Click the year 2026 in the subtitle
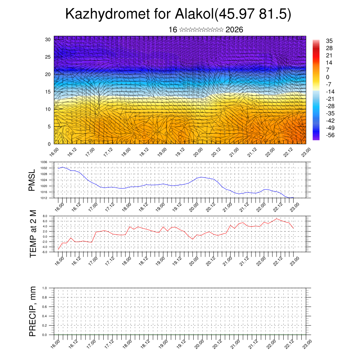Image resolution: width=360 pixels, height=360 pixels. (234, 30)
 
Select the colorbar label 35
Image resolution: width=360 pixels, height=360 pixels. (329, 41)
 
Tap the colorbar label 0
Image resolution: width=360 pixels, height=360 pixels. (328, 77)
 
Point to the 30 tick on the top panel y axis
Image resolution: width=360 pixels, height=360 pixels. (48, 39)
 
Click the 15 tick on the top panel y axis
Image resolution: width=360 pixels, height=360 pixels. (48, 92)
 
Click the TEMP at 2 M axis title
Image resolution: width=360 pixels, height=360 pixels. (33, 234)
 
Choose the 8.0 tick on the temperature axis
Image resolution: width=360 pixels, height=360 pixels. (45, 216)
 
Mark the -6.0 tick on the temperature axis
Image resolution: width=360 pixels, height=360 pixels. (45, 252)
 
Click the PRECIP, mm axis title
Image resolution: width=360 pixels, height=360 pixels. (33, 311)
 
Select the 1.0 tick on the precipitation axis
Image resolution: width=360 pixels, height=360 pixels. (45, 288)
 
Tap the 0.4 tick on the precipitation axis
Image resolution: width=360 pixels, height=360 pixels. (45, 316)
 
